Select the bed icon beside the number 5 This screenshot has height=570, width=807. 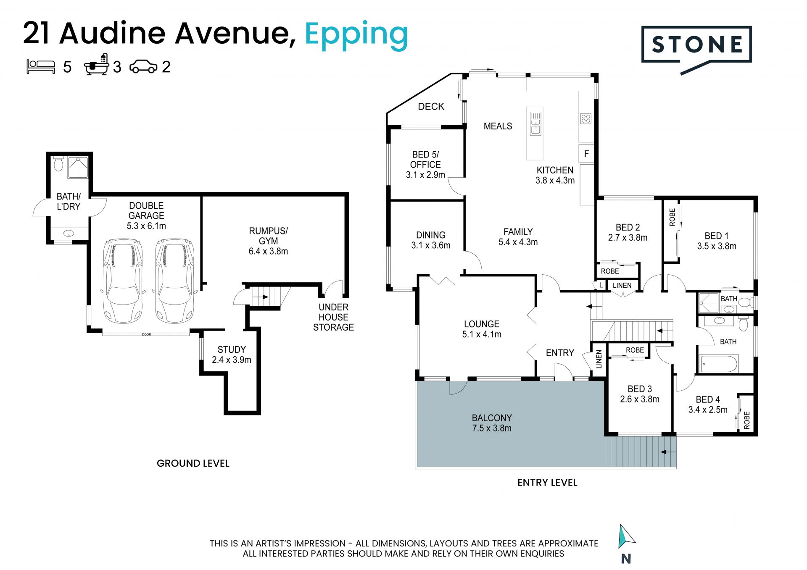pyautogui.click(x=41, y=67)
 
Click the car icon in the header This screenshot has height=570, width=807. pyautogui.click(x=143, y=67)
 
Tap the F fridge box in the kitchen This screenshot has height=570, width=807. pyautogui.click(x=586, y=154)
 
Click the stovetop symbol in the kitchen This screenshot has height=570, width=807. pyautogui.click(x=586, y=118)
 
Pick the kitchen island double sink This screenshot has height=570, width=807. pyautogui.click(x=535, y=123)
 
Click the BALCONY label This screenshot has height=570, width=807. pyautogui.click(x=492, y=418)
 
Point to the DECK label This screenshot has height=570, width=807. pyautogui.click(x=431, y=107)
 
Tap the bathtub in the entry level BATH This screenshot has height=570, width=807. pyautogui.click(x=718, y=364)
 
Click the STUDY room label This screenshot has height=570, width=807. pyautogui.click(x=232, y=349)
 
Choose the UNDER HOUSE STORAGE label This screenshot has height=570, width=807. pyautogui.click(x=333, y=317)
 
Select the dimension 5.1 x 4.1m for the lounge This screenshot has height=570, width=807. pyautogui.click(x=482, y=334)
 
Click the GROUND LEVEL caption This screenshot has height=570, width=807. pyautogui.click(x=193, y=463)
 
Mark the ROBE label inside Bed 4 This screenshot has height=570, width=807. pyautogui.click(x=746, y=420)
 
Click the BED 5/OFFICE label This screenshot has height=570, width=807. pyautogui.click(x=425, y=160)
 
